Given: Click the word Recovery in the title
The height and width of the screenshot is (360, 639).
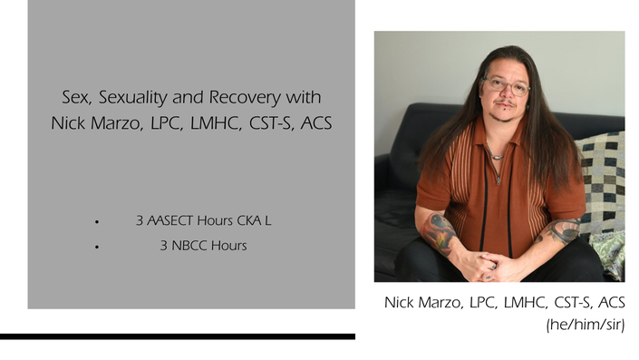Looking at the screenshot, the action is pos(245,97).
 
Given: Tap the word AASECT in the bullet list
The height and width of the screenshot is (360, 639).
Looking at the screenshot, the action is pos(169,220).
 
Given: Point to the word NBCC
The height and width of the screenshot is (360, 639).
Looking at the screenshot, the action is pos(189,246).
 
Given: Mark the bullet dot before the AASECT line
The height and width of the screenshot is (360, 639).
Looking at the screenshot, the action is pos(97,222).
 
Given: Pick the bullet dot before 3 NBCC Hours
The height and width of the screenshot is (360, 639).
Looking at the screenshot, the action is pos(97,247).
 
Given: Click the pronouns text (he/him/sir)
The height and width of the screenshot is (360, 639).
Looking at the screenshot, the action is pos(586,325).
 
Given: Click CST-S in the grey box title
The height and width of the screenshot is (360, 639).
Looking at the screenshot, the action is pos(271,123).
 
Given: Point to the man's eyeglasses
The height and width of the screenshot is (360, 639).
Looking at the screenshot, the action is pos(506,85).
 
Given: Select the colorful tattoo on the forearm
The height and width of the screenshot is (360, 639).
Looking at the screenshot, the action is pos(439,235).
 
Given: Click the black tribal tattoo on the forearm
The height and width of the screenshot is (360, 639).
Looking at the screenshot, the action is pos(560,231).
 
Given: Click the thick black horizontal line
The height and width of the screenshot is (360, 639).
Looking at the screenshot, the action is pos(178,336).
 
